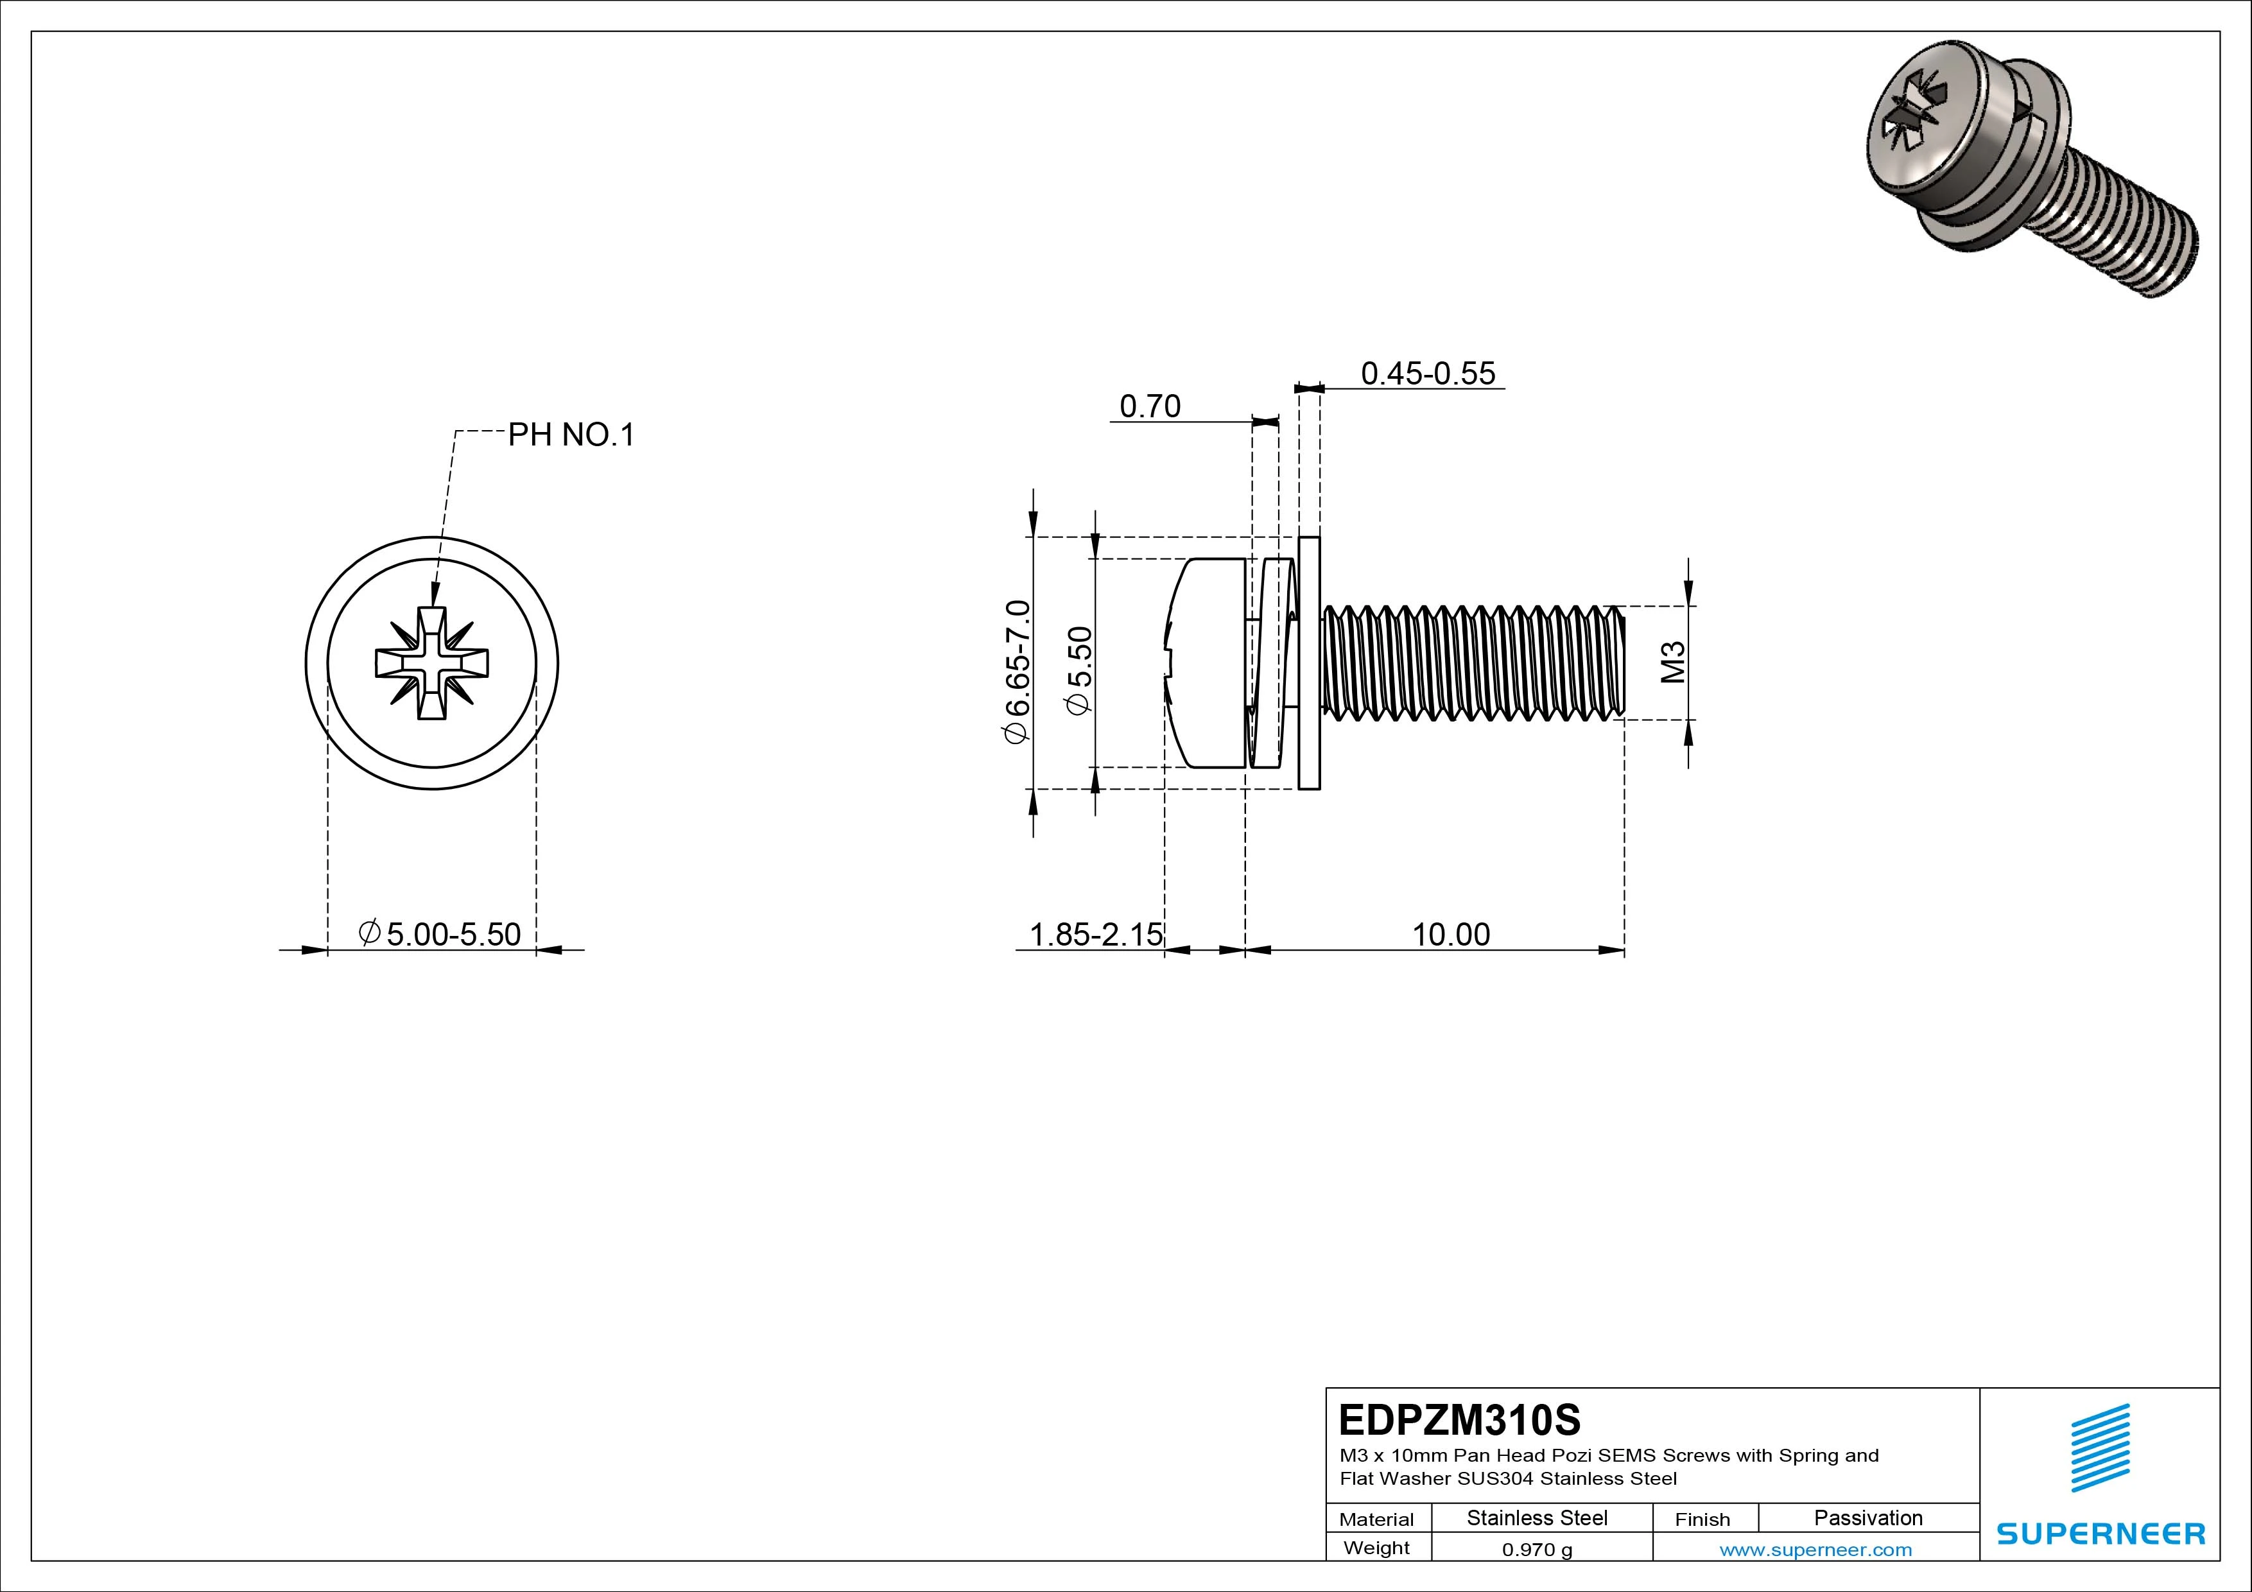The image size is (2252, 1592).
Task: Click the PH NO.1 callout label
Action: [571, 435]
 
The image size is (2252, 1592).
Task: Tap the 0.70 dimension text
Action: [1150, 406]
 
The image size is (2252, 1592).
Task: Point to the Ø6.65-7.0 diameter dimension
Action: [1017, 672]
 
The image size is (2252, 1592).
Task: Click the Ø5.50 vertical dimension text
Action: [1079, 672]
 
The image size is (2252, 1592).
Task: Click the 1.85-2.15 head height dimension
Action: [1095, 934]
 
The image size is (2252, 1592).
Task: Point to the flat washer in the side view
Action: [1308, 663]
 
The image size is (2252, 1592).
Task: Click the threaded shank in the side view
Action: [1471, 663]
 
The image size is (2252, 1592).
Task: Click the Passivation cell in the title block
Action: [1867, 1518]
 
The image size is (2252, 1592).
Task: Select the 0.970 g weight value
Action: [1537, 1550]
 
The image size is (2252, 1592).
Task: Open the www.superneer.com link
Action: [1815, 1550]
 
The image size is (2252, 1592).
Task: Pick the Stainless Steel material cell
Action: [1537, 1518]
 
